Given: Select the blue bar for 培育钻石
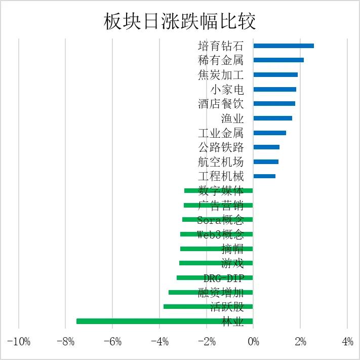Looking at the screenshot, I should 284,46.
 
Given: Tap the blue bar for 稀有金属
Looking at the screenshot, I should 278,60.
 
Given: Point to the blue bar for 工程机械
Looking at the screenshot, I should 264,176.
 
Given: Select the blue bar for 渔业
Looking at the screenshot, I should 272,118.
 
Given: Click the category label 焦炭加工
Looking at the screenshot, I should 221,75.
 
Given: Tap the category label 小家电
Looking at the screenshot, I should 227,90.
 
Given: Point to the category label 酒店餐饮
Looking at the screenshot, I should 221,104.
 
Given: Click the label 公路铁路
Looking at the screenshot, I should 221,147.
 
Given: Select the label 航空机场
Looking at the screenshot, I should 221,162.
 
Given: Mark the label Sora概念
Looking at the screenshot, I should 221,220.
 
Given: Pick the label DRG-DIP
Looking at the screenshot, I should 223,278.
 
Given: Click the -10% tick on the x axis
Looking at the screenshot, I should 19,342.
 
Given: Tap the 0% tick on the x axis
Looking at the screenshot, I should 253,342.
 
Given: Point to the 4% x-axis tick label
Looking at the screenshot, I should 347,342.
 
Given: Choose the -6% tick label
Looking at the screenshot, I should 112,342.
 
